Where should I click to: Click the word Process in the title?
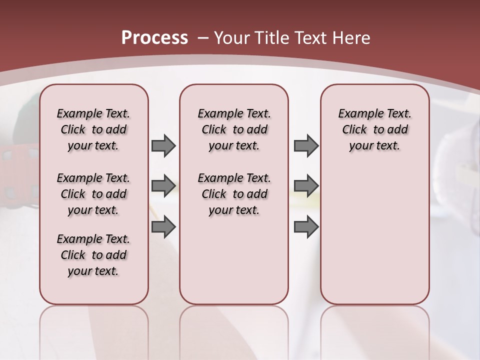[x=154, y=37]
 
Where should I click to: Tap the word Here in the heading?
[x=352, y=38]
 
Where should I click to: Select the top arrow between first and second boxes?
[x=163, y=146]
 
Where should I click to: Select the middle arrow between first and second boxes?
[x=163, y=186]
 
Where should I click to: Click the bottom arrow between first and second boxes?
[x=163, y=227]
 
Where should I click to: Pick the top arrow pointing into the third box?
[x=306, y=146]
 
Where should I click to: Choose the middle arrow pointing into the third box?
[x=306, y=186]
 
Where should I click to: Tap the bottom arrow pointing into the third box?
[x=306, y=227]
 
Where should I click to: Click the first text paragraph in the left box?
[x=93, y=129]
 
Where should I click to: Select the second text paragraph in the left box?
[x=93, y=194]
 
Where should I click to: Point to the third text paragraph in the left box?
[x=93, y=255]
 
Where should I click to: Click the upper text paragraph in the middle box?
[x=234, y=129]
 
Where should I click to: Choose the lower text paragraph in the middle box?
[x=234, y=194]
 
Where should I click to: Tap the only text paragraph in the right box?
[x=374, y=129]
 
